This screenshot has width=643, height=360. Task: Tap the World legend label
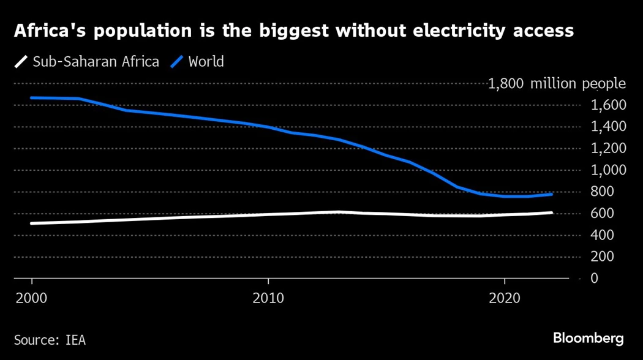tap(206, 62)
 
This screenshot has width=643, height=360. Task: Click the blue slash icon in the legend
tap(178, 62)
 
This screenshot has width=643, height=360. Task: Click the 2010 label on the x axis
tap(268, 299)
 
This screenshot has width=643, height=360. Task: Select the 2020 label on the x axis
tap(504, 299)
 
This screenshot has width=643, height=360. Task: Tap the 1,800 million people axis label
tap(557, 84)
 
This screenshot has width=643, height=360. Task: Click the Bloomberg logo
tap(588, 338)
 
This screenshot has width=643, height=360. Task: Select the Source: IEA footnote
tap(50, 339)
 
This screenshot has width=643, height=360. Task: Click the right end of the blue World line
tap(552, 194)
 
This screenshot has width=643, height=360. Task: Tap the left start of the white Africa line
tap(31, 223)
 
